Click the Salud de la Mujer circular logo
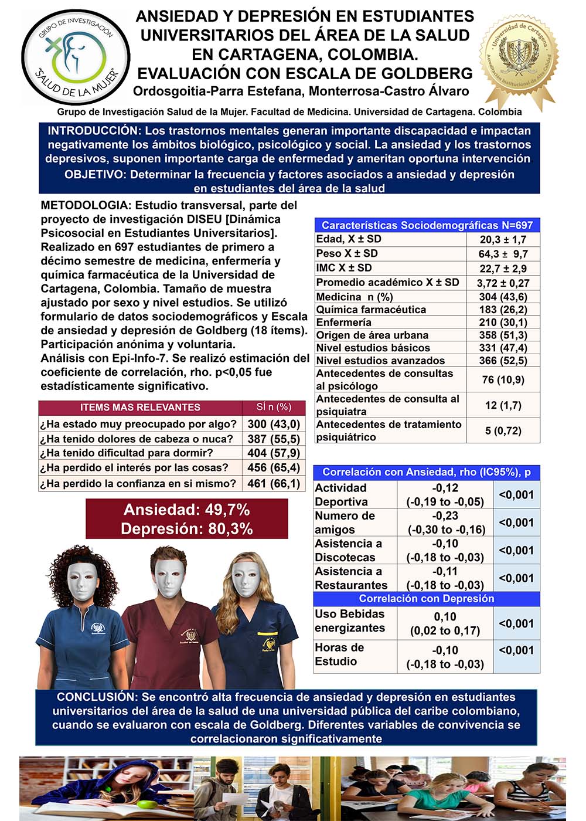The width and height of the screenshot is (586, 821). tap(74, 57)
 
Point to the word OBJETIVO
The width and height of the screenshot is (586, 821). tap(94, 175)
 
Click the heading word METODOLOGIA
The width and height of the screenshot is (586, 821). tap(84, 205)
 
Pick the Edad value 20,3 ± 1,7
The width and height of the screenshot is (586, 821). tap(503, 239)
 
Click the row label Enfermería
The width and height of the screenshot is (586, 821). tap(343, 323)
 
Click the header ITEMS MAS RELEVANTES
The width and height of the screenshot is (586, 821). tap(140, 407)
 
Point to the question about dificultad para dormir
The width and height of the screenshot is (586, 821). tap(127, 453)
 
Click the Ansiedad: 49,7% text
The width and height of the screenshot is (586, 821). tap(186, 510)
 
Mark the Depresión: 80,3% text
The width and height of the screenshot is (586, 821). tap(186, 529)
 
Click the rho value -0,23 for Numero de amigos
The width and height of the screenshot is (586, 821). tap(445, 515)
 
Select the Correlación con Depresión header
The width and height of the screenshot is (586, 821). tap(426, 599)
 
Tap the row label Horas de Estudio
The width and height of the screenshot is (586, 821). tap(339, 654)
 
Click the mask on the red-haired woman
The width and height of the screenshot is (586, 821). tap(80, 579)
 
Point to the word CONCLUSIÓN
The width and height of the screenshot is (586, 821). tap(96, 697)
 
